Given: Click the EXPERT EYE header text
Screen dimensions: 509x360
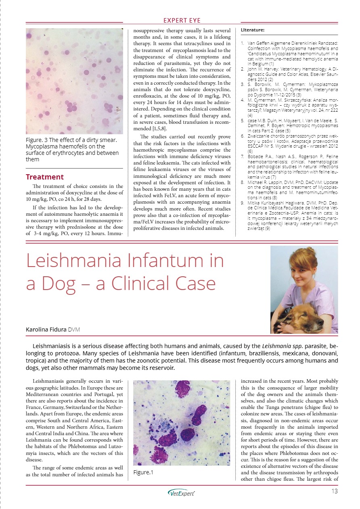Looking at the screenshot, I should point(182,21).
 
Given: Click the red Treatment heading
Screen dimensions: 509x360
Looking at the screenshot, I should point(45,177).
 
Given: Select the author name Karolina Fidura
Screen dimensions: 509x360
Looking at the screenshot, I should point(46,330).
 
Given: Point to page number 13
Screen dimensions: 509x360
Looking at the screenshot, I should point(334,491).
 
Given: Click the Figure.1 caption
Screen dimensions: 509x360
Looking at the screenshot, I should point(144,471).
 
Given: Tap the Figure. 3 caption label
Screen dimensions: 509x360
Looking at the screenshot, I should point(39,140).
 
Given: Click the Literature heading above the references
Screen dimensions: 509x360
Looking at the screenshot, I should point(253,30).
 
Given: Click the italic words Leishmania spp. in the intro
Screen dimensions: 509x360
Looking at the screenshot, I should point(283,346).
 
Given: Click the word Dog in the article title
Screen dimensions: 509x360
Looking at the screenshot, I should point(59,284).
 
